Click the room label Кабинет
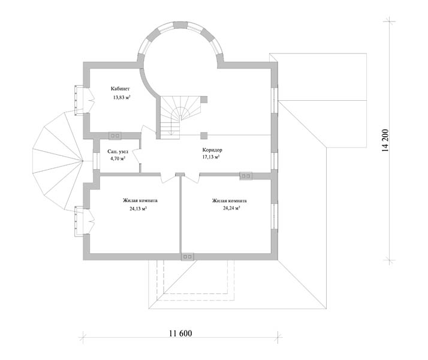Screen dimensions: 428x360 point(120,89)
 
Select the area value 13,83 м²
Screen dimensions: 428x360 point(122,97)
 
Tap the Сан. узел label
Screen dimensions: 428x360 point(117,151)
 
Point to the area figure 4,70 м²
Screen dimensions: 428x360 point(117,158)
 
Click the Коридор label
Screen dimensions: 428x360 point(212,150)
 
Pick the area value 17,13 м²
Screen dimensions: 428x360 point(211,157)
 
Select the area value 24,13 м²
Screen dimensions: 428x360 point(138,209)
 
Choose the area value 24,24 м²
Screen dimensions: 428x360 point(231,208)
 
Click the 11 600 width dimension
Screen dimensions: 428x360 point(180,334)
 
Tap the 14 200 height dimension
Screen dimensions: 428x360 point(385,140)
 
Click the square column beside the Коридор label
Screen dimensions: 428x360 point(204,136)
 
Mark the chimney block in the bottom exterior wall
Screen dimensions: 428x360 point(188,257)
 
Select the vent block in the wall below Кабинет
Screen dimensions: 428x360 point(115,136)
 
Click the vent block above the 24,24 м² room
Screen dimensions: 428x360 point(246,176)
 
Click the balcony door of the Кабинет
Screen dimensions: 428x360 point(91,100)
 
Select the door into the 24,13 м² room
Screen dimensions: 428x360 point(168,178)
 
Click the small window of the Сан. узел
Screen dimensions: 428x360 point(96,161)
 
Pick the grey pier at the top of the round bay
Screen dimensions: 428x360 point(180,25)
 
